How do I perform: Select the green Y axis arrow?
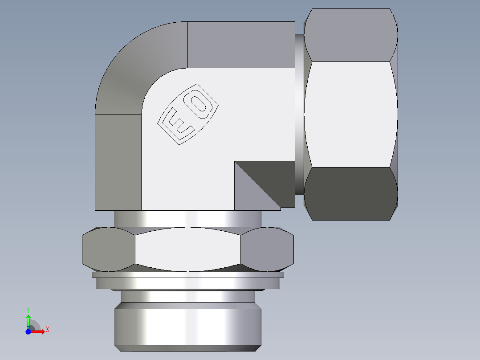click(x=28, y=320)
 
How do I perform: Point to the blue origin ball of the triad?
click(x=28, y=331)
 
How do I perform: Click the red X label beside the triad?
click(x=47, y=330)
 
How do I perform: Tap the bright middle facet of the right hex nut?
click(x=351, y=114)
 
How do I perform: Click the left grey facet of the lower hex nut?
click(x=108, y=249)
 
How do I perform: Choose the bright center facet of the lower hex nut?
click(x=187, y=249)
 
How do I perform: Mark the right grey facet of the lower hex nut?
click(x=267, y=249)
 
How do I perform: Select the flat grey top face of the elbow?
click(x=240, y=45)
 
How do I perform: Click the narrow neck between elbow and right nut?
click(x=299, y=114)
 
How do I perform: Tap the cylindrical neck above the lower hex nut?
click(x=187, y=218)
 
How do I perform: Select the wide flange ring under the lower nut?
click(x=187, y=283)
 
